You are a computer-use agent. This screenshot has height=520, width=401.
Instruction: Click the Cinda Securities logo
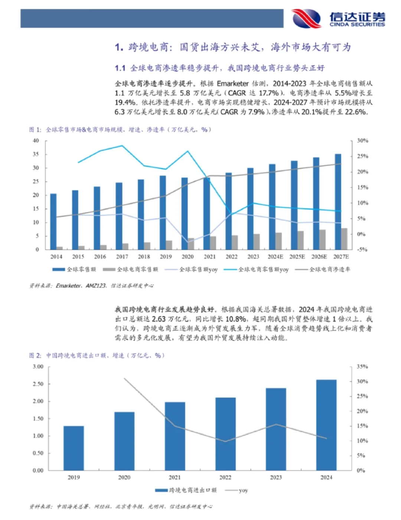[338, 19]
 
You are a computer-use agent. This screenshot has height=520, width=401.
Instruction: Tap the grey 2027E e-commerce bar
[344, 239]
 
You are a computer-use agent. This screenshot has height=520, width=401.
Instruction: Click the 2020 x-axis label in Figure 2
[124, 477]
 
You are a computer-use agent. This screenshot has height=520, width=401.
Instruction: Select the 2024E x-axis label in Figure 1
[276, 256]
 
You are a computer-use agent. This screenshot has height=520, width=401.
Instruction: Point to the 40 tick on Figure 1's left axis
[36, 141]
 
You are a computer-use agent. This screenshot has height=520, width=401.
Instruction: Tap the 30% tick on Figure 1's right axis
[362, 141]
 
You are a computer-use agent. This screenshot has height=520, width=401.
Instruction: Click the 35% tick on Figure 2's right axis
[362, 367]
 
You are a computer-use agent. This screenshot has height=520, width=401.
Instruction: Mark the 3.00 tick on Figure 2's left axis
[38, 367]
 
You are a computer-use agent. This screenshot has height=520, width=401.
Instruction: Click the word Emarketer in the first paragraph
[232, 84]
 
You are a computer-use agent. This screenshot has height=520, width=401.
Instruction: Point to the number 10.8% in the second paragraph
[235, 319]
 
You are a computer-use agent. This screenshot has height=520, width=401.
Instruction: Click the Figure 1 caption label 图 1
[35, 130]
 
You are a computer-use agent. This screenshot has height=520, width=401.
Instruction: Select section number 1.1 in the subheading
[120, 68]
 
